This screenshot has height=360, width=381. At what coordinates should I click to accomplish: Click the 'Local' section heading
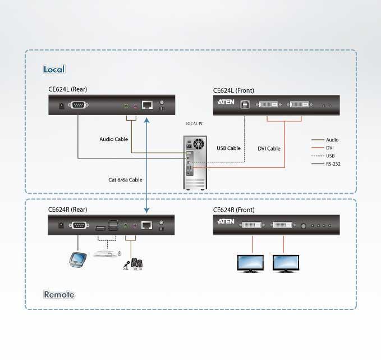pyautogui.click(x=54, y=70)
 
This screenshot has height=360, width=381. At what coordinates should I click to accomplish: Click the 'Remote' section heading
pyautogui.click(x=59, y=294)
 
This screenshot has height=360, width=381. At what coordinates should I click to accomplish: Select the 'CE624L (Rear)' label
pyautogui.click(x=67, y=89)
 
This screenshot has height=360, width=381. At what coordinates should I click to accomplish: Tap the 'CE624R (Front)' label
pyautogui.click(x=233, y=210)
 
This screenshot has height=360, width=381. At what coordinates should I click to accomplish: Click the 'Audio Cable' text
pyautogui.click(x=114, y=139)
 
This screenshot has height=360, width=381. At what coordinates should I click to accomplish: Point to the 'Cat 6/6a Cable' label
pyautogui.click(x=125, y=180)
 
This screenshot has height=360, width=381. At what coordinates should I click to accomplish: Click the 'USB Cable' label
pyautogui.click(x=228, y=148)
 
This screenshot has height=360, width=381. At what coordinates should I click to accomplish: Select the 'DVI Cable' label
pyautogui.click(x=269, y=148)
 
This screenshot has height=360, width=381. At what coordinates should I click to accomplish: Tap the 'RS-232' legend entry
pyautogui.click(x=333, y=164)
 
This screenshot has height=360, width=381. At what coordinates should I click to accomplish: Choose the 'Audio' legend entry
pyautogui.click(x=332, y=140)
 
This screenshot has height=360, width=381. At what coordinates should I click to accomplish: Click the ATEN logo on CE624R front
pyautogui.click(x=225, y=223)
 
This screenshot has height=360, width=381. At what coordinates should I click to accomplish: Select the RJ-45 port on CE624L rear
pyautogui.click(x=148, y=104)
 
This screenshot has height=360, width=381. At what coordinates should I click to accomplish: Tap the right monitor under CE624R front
pyautogui.click(x=286, y=263)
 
